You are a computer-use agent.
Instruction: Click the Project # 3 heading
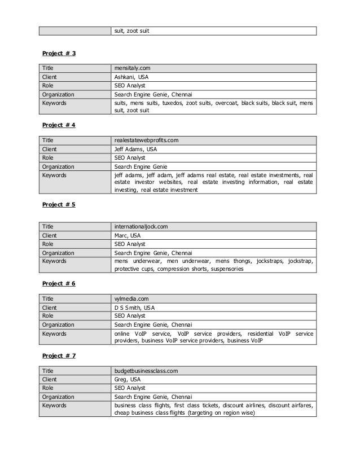[x=59, y=54]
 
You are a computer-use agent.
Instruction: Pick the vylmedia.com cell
[x=131, y=299]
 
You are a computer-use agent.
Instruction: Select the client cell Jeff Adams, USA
[x=135, y=149]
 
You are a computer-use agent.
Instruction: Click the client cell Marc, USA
[x=128, y=236]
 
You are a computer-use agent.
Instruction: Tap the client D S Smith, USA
[x=135, y=308]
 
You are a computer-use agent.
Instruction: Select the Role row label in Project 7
[x=47, y=388]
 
